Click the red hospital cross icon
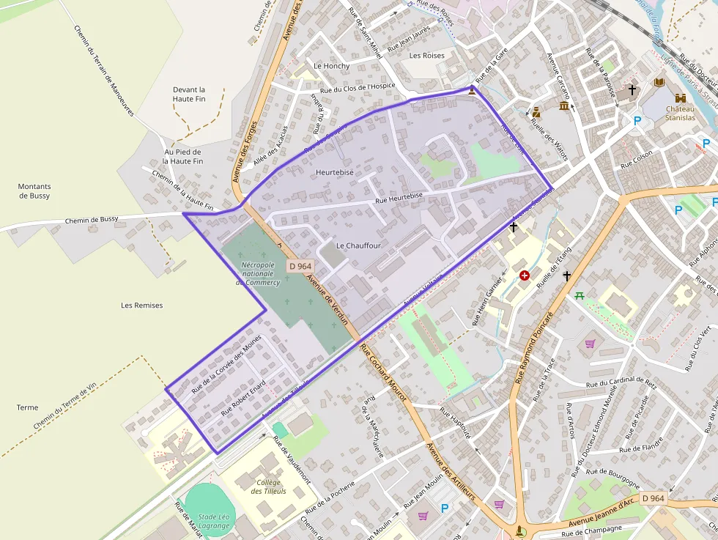524,275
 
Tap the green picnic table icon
580,295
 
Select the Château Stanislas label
680,113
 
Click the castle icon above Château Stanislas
681,98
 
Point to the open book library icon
659,83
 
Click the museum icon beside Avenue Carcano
563,106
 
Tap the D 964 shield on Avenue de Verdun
300,267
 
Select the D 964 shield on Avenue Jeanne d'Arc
653,498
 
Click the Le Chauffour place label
358,245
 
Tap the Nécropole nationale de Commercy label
258,273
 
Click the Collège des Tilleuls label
270,487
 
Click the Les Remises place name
142,305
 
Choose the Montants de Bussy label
34,191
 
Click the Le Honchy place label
331,66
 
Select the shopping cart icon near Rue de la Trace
590,343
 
